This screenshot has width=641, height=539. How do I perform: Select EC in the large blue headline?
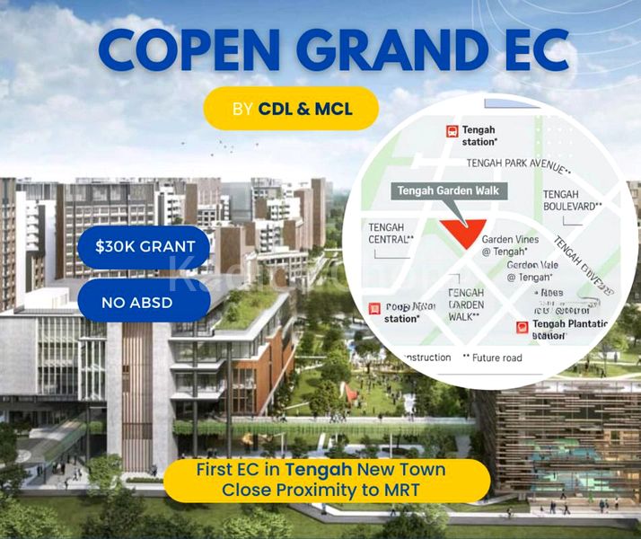532,53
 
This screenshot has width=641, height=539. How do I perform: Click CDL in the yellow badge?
275,109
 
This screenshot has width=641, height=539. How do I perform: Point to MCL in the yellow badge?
333,109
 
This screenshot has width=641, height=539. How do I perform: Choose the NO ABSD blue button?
144,302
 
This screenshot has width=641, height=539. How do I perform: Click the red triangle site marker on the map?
463,234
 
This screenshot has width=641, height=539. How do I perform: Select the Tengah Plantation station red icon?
522,327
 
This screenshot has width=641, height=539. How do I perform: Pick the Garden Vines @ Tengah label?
510,245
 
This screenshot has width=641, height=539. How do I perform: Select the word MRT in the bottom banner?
414,490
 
